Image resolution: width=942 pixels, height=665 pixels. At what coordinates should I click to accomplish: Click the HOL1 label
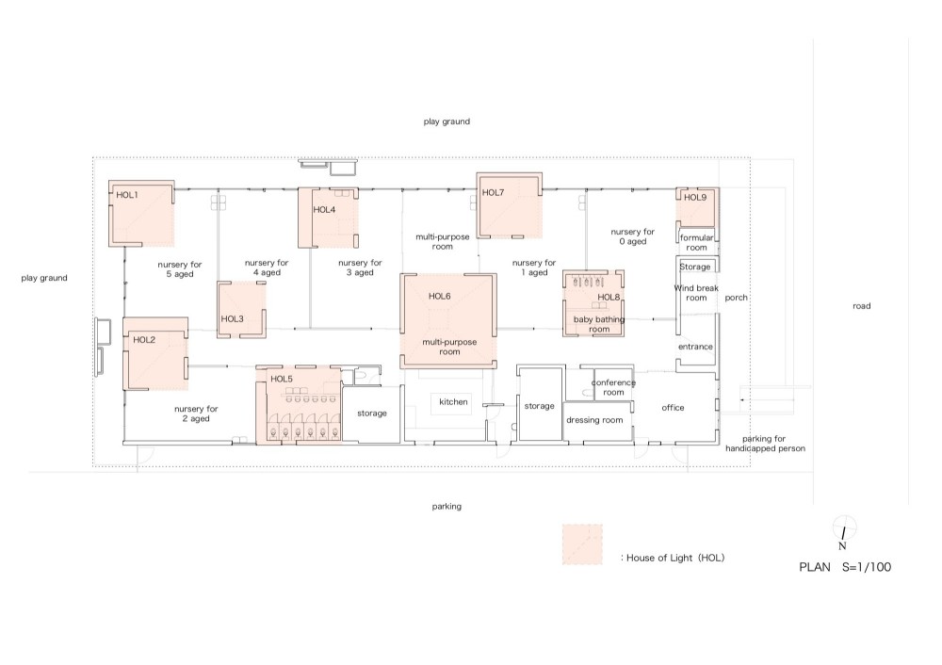127,195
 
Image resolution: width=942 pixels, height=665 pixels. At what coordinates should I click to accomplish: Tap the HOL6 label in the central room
439,296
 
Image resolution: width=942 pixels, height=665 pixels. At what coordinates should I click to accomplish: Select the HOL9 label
695,197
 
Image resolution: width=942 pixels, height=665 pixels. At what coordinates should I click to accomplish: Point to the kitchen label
453,402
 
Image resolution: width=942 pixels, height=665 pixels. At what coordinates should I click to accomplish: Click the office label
673,407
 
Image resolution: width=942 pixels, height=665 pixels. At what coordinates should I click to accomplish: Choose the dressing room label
594,420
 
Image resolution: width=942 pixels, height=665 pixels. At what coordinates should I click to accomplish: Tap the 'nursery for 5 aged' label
180,269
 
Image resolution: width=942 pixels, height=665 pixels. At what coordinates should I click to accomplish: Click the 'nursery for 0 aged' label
633,236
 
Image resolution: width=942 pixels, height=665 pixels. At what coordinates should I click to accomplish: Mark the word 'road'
862,306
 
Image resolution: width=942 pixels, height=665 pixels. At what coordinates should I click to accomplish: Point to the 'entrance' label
695,347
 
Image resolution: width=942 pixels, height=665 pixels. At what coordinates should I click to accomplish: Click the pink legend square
582,544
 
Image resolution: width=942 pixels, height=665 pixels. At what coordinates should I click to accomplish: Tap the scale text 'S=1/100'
867,566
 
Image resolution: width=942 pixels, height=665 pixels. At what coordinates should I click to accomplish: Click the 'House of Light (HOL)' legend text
673,558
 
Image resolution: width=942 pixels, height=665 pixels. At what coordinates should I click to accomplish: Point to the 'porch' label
736,298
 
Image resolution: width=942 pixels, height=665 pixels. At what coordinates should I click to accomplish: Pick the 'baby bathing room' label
599,324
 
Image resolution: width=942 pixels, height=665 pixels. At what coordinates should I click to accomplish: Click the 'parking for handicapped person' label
765,444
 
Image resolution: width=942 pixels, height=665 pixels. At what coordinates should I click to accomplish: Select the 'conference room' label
613,387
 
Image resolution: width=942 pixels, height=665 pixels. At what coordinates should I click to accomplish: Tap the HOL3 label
232,319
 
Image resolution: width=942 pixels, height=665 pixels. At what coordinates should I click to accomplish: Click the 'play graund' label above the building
447,122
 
